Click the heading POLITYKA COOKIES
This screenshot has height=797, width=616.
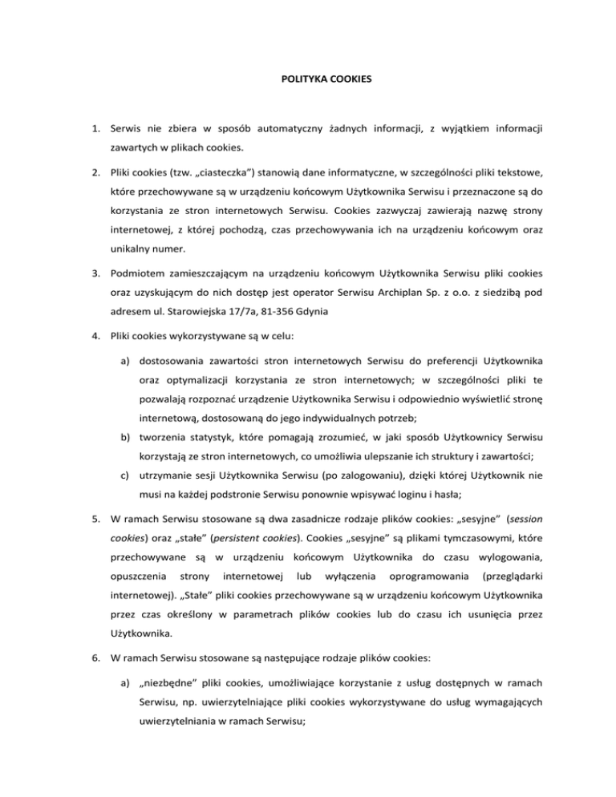pyautogui.click(x=308, y=80)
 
